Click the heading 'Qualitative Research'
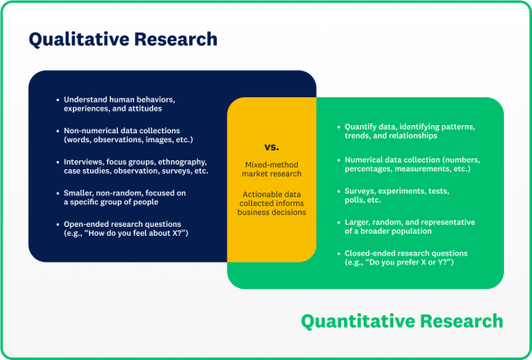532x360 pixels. [122, 40]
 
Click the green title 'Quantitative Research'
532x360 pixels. [401, 321]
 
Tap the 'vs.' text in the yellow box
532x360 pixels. [271, 146]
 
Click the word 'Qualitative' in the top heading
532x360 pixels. [80, 40]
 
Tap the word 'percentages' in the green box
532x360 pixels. [371, 168]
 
